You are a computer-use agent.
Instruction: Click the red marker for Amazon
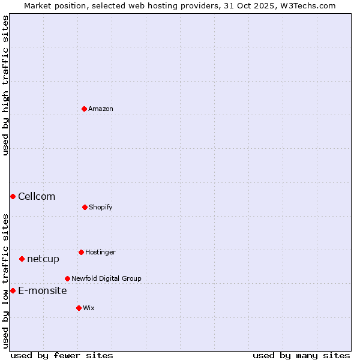[85, 109]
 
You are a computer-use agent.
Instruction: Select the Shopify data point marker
[85, 207]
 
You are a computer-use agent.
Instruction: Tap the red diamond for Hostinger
[81, 252]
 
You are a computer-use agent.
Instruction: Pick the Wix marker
[79, 308]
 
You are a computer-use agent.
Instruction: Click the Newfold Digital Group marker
[67, 278]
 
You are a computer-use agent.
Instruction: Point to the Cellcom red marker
[13, 196]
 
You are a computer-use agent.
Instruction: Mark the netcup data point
[22, 259]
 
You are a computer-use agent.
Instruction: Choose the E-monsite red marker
[13, 290]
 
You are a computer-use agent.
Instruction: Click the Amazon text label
[101, 109]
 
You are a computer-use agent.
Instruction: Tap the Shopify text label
[101, 207]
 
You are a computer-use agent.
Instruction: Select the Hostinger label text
[100, 252]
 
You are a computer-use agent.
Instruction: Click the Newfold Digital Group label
[106, 278]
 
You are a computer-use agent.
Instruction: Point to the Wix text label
[89, 308]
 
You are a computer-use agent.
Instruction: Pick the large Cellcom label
[37, 196]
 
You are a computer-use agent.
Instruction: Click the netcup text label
[43, 259]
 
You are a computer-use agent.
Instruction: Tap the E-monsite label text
[43, 290]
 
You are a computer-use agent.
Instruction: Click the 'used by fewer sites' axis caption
[62, 355]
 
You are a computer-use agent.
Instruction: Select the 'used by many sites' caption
[301, 355]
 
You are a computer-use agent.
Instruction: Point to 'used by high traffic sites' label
[5, 85]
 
